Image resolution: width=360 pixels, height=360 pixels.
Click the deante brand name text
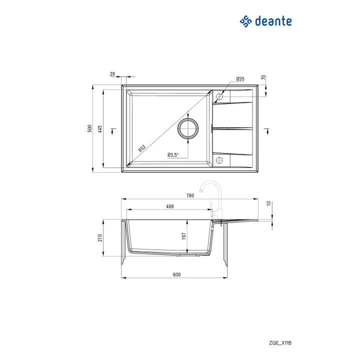pos(273,21)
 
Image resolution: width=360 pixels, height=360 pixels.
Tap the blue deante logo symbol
pos(245,21)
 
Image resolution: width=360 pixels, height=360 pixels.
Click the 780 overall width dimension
pos(190,195)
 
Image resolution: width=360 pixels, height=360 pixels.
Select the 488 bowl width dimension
pos(170,206)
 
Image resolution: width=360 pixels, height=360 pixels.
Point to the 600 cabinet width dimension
pos(177,274)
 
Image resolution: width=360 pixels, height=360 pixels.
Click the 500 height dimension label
pos(89,128)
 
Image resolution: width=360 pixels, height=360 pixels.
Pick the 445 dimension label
pos(99,129)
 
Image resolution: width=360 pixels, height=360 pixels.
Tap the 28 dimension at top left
pos(112,74)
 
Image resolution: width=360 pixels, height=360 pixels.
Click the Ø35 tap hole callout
pos(240,79)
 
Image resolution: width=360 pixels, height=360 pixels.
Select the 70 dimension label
pos(263,77)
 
